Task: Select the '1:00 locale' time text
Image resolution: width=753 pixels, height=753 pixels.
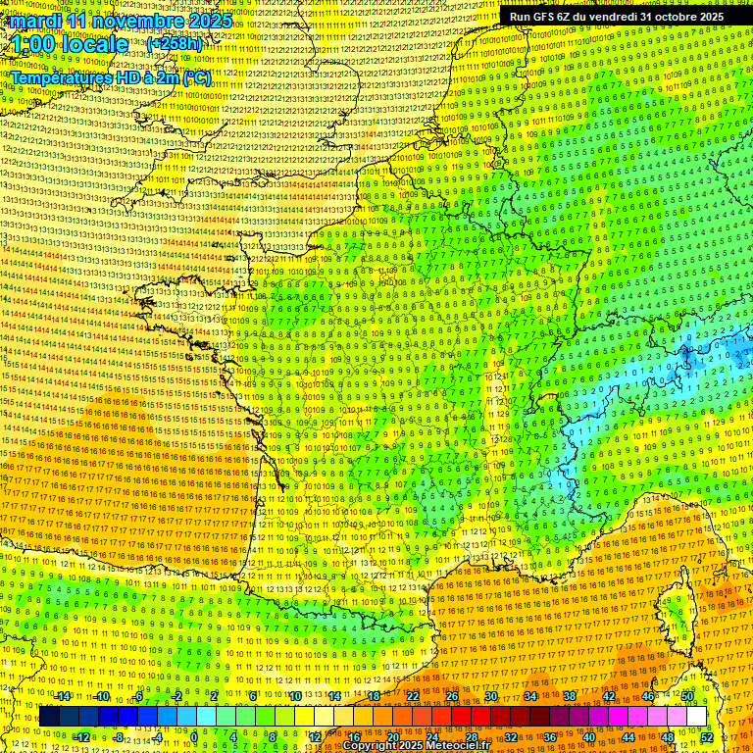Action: pyautogui.click(x=70, y=44)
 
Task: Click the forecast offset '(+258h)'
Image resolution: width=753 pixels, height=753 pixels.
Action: pyautogui.click(x=175, y=44)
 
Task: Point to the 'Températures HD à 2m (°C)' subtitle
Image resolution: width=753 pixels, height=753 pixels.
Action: pyautogui.click(x=110, y=75)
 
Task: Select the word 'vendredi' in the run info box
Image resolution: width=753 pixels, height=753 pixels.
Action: pyautogui.click(x=609, y=17)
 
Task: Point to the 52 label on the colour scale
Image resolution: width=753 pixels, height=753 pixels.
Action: pyautogui.click(x=707, y=737)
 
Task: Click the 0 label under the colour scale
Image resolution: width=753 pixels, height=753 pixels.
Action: pyautogui.click(x=194, y=737)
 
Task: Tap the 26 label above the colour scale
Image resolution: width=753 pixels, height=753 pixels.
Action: pyautogui.click(x=452, y=696)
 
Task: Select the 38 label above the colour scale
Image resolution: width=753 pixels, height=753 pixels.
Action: pyautogui.click(x=570, y=696)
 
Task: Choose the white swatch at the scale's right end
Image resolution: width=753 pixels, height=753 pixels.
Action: pyautogui.click(x=697, y=717)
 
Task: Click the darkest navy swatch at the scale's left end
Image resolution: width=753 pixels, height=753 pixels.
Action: pyautogui.click(x=49, y=717)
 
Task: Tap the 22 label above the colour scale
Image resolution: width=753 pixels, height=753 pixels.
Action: pyautogui.click(x=413, y=696)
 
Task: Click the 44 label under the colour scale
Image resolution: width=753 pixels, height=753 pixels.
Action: pyautogui.click(x=628, y=737)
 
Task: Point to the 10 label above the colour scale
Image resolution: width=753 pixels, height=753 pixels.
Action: pyautogui.click(x=295, y=696)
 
